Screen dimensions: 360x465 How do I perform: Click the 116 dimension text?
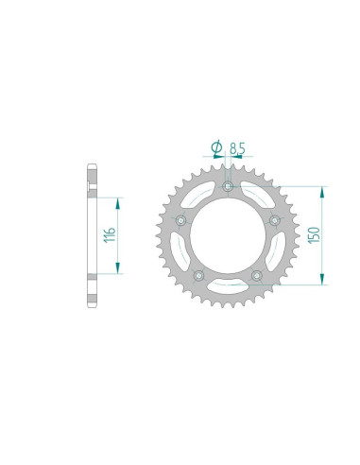tap(111, 234)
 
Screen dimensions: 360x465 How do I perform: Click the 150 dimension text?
tap(315, 235)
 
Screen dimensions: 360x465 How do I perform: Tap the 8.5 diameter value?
tap(237, 148)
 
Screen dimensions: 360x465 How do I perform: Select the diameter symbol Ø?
tap(216, 147)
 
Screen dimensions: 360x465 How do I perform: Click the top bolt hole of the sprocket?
tap(228, 186)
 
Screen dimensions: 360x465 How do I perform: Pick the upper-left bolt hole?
tap(180, 221)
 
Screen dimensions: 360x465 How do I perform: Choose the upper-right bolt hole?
tap(275, 220)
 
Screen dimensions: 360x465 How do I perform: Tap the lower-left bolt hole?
tap(198, 276)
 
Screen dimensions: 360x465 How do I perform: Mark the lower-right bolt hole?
tap(257, 276)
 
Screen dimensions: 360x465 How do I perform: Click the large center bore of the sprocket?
tap(228, 236)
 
